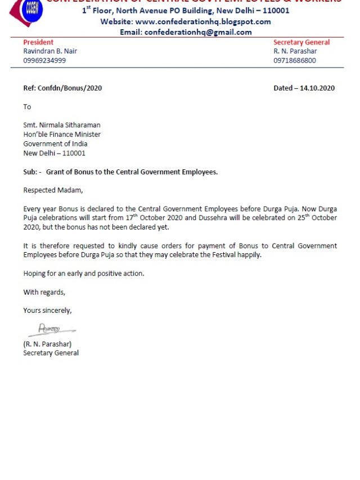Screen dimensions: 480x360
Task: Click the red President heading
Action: (38, 42)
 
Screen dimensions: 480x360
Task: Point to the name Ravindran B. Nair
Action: (50, 51)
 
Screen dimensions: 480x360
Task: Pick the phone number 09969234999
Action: (44, 60)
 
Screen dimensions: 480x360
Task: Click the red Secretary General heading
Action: (301, 42)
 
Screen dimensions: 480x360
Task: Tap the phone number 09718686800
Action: (295, 60)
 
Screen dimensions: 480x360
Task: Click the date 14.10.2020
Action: (317, 88)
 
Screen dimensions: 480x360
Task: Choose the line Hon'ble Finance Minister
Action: (62, 134)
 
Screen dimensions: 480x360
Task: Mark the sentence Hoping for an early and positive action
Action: (84, 273)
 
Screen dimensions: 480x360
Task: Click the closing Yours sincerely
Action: (47, 310)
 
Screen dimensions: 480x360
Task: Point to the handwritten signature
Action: (49, 329)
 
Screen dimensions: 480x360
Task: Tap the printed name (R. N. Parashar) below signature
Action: (47, 344)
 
